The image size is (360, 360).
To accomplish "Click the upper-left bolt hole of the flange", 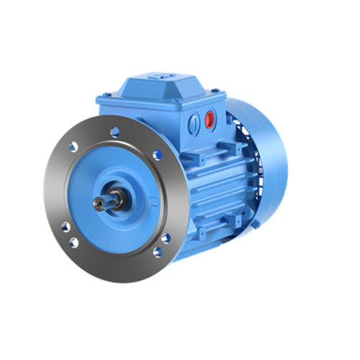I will [x=73, y=147].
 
